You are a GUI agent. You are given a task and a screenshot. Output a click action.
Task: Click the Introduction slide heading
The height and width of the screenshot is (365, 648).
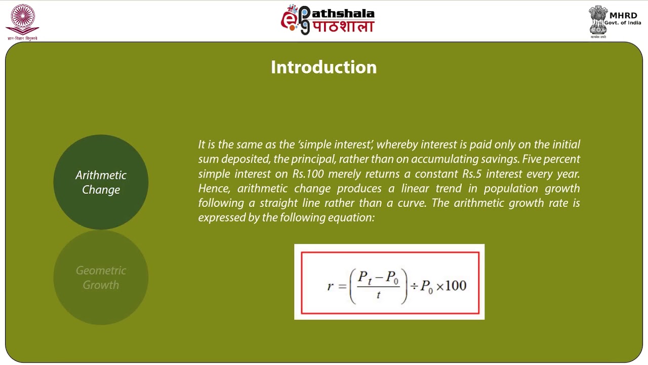coord(323,67)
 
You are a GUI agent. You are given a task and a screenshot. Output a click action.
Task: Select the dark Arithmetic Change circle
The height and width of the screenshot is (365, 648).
coord(101,182)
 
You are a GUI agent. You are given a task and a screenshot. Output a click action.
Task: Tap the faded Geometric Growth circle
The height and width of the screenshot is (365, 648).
coord(101,277)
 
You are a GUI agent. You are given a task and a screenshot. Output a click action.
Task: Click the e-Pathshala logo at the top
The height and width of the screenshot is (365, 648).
coord(328,20)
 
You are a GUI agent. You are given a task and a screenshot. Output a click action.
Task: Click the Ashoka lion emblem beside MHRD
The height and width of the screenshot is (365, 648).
coord(598,20)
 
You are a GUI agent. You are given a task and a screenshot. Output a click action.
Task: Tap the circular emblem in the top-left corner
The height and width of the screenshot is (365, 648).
coord(22,19)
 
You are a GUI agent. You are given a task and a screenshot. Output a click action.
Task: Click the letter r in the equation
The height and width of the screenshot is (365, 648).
coord(330,286)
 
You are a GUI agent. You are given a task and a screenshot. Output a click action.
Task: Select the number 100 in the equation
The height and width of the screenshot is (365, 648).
coord(456,286)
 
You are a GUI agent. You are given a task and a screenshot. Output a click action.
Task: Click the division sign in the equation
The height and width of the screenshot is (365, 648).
coord(414,286)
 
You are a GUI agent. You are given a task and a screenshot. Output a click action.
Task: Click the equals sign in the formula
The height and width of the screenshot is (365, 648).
coord(342,286)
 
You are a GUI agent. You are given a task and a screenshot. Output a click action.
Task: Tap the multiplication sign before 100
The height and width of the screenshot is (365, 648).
coord(439,286)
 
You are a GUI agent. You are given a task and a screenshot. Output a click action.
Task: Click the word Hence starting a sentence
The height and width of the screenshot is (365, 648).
coord(213,189)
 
